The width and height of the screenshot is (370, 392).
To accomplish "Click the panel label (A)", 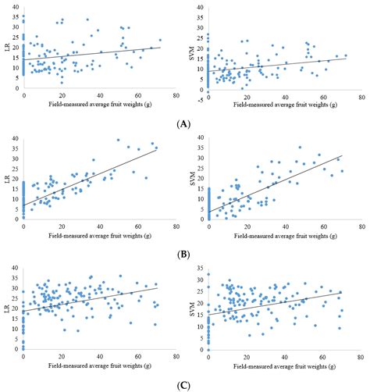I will click(185, 123).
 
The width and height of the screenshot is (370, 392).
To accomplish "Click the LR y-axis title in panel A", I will click(6, 51).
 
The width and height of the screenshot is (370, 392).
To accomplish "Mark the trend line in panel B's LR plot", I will click(94, 176).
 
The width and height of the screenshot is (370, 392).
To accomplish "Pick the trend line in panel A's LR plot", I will click(94, 53).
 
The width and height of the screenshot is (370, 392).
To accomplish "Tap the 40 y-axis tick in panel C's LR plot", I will click(16, 267).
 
